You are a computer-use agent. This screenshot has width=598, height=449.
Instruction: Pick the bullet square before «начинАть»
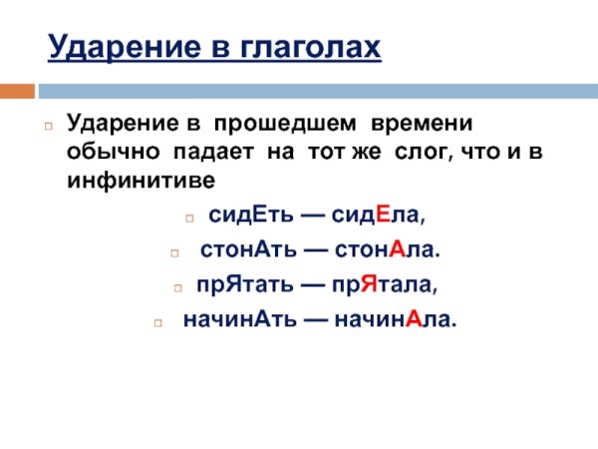coord(157,322)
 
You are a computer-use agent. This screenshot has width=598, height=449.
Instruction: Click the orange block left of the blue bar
coord(16,91)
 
